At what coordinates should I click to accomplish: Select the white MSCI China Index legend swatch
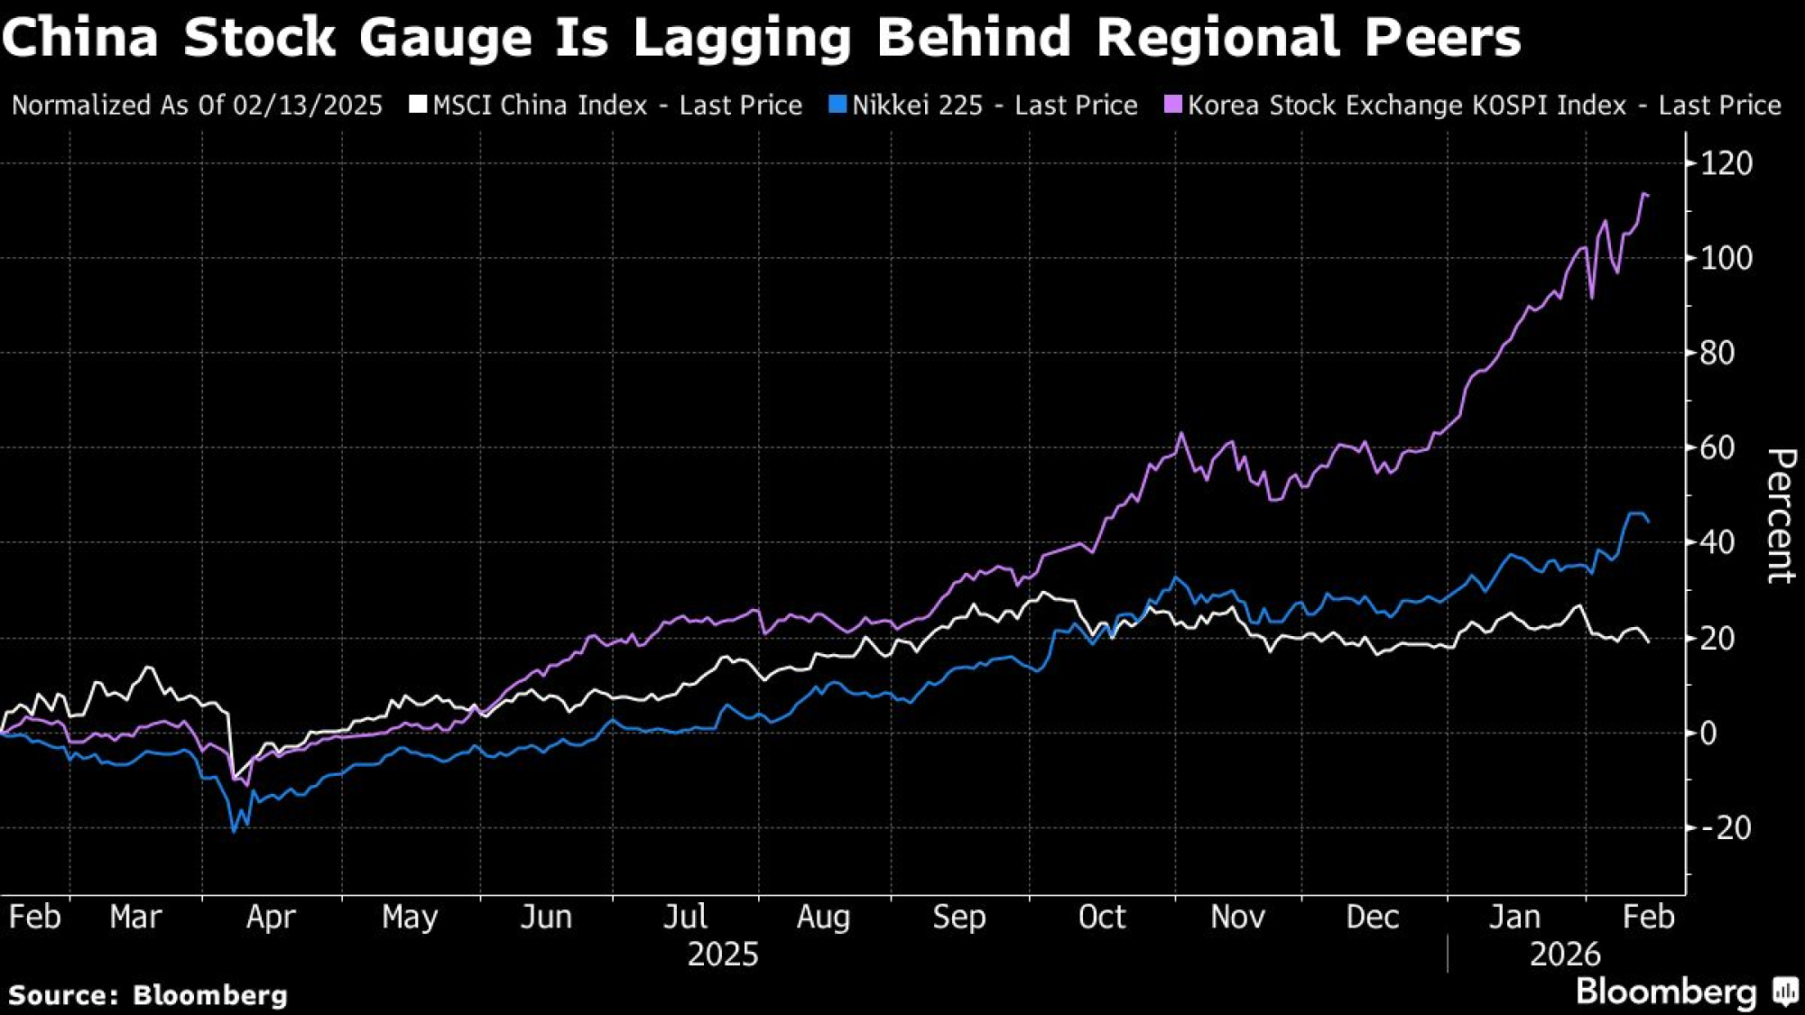pyautogui.click(x=417, y=105)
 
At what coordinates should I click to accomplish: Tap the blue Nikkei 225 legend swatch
pyautogui.click(x=838, y=105)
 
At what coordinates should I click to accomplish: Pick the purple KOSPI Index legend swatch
pyautogui.click(x=1172, y=105)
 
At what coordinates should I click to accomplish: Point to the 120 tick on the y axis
pyautogui.click(x=1726, y=163)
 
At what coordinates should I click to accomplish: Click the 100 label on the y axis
pyautogui.click(x=1726, y=259)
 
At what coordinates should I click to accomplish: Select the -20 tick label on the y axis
pyautogui.click(x=1724, y=827)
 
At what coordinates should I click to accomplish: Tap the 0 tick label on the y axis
pyautogui.click(x=1708, y=733)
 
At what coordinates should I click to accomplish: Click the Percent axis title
pyautogui.click(x=1779, y=515)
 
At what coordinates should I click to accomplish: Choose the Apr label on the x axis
pyautogui.click(x=271, y=917)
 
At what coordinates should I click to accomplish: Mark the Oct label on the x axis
pyautogui.click(x=1101, y=917)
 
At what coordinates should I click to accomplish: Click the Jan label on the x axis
pyautogui.click(x=1513, y=917)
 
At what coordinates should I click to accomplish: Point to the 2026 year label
pyautogui.click(x=1565, y=955)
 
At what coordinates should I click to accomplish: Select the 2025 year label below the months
pyautogui.click(x=723, y=955)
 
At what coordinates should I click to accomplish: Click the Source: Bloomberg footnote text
pyautogui.click(x=148, y=995)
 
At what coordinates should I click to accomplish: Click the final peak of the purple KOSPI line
pyautogui.click(x=1645, y=194)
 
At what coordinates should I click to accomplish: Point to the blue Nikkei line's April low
pyautogui.click(x=234, y=831)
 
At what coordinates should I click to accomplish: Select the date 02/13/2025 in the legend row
pyautogui.click(x=308, y=106)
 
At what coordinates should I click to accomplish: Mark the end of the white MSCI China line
pyautogui.click(x=1649, y=641)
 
